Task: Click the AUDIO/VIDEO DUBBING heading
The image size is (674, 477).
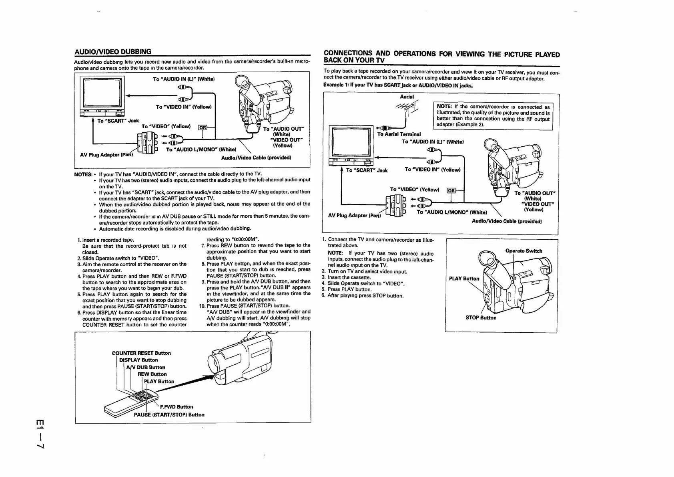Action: (x=113, y=51)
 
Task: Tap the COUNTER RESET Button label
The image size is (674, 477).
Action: (x=141, y=353)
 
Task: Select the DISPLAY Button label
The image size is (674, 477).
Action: (x=138, y=360)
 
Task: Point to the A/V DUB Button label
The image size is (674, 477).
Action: (x=146, y=367)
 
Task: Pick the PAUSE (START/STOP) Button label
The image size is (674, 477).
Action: (x=169, y=414)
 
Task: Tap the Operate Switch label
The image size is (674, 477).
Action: (x=524, y=251)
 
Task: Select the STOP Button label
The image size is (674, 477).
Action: (x=481, y=317)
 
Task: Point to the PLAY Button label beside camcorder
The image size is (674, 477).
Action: (x=464, y=279)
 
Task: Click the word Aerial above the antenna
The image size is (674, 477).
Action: (x=407, y=97)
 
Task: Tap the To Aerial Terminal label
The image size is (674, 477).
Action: (x=399, y=134)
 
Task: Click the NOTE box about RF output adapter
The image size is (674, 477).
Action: (x=493, y=116)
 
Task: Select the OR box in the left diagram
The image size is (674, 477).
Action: (x=203, y=127)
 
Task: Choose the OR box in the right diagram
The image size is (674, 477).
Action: (x=451, y=190)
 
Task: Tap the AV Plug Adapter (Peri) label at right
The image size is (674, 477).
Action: (x=354, y=215)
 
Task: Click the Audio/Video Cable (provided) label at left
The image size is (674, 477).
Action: (x=256, y=158)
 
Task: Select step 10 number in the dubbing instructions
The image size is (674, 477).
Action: (x=202, y=306)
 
